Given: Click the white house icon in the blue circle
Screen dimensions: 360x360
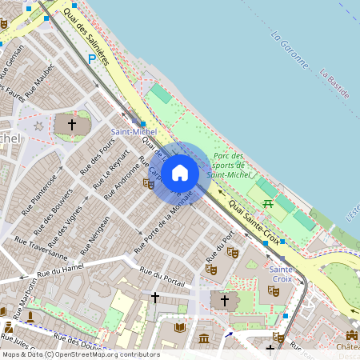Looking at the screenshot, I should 180,172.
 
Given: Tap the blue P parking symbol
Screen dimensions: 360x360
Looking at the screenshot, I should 93,58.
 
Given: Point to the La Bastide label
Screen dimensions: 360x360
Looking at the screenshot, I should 336,84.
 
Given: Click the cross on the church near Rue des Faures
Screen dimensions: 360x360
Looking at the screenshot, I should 72,125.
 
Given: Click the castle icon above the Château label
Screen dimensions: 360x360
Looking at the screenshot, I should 350,335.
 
